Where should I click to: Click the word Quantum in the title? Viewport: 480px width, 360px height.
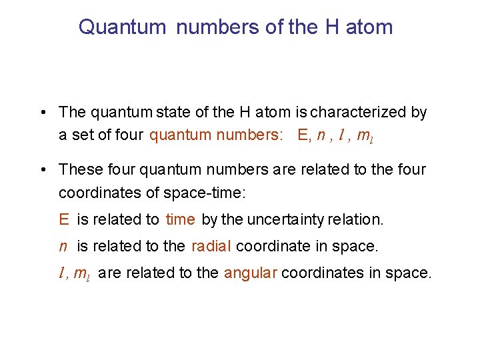122,27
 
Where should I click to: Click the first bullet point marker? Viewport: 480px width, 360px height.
42,113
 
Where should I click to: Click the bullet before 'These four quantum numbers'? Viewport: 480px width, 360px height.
42,171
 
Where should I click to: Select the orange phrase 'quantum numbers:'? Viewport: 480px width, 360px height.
207,135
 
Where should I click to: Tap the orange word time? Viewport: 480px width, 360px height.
180,219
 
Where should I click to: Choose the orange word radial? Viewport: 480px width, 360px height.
211,246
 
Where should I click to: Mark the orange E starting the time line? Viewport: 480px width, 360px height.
64,219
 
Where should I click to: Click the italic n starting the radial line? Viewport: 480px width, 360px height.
63,247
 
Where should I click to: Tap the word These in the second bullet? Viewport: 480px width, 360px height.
79,170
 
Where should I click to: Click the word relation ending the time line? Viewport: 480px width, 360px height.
360,219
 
